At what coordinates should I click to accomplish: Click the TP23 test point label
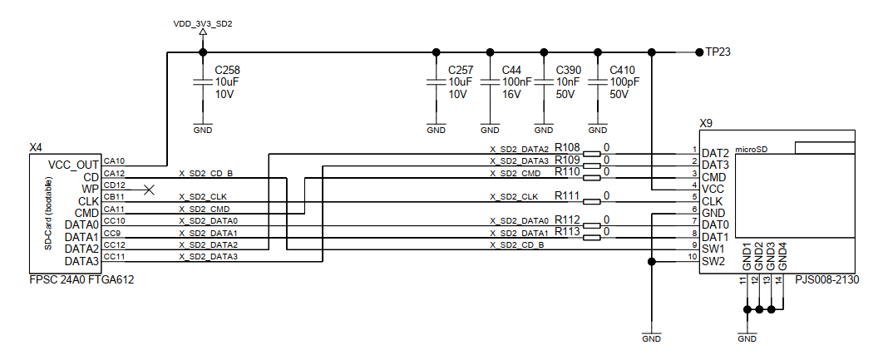(718, 52)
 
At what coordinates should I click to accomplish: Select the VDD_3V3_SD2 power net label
(203, 24)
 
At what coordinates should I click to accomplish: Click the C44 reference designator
(511, 71)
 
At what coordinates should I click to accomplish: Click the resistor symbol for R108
(592, 153)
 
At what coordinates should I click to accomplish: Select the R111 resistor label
(567, 195)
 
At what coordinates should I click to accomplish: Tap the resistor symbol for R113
(592, 238)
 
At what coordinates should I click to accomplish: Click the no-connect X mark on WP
(149, 190)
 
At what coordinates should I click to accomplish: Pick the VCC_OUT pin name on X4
(74, 165)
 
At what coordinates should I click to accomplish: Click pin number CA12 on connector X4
(114, 174)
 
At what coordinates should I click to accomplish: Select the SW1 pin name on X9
(713, 249)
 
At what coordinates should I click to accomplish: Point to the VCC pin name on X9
(713, 190)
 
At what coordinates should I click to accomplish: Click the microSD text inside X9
(752, 150)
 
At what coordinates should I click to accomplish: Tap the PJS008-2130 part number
(827, 280)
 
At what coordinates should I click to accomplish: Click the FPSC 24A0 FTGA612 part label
(81, 279)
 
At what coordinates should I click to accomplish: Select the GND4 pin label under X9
(782, 256)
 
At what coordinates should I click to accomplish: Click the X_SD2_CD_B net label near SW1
(516, 245)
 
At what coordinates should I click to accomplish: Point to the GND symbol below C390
(544, 127)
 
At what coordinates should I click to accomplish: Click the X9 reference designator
(706, 123)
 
